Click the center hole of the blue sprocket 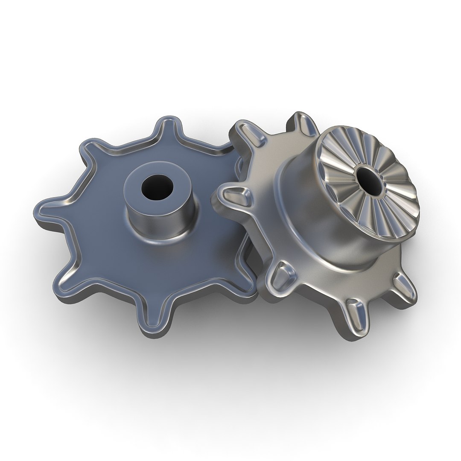point(157,189)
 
